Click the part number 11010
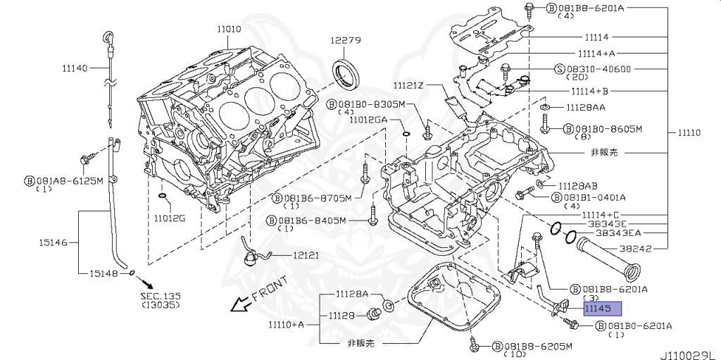[229, 29]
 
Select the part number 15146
[54, 242]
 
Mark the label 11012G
[169, 218]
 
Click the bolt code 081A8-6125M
[68, 180]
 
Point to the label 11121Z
[408, 85]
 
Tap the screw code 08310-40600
[603, 69]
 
